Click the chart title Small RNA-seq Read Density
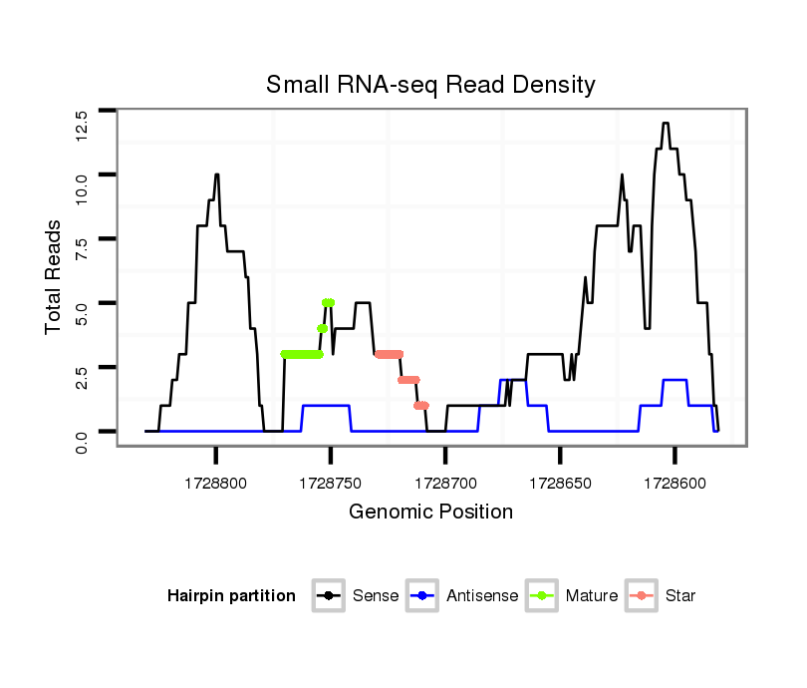click(x=430, y=85)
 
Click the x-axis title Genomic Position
click(x=430, y=513)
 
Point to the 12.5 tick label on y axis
click(x=82, y=127)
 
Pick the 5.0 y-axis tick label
click(x=82, y=315)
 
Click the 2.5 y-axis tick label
click(x=82, y=379)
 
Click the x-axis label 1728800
click(x=216, y=482)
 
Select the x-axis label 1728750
click(x=331, y=482)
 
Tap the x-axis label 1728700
click(x=445, y=482)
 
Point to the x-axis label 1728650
click(x=560, y=482)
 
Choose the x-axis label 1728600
click(x=674, y=482)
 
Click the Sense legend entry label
click(x=376, y=596)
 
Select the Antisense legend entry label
click(x=482, y=596)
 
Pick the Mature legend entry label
click(x=592, y=596)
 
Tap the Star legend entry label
click(x=680, y=596)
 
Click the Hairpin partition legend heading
click(x=232, y=596)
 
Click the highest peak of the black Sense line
click(x=665, y=124)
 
